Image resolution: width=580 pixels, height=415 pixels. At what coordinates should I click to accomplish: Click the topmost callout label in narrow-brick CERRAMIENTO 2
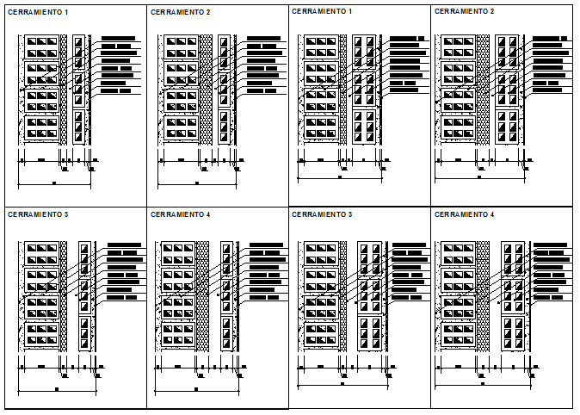[x=263, y=39]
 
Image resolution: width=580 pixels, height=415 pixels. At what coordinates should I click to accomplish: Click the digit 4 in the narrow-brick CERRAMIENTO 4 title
[x=207, y=214]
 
